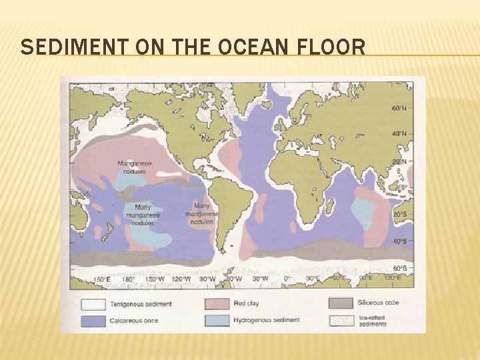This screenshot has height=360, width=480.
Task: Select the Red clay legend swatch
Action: click(217, 304)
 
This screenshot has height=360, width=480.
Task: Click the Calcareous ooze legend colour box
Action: click(94, 320)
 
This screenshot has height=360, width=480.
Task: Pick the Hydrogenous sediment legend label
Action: click(267, 320)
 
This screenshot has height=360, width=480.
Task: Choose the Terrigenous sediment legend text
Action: click(141, 304)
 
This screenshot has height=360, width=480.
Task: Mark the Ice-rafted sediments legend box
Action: click(341, 320)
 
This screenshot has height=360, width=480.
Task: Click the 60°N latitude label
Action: click(399, 107)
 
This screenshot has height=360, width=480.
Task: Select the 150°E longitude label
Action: click(101, 279)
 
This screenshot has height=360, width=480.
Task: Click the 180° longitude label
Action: click(127, 279)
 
